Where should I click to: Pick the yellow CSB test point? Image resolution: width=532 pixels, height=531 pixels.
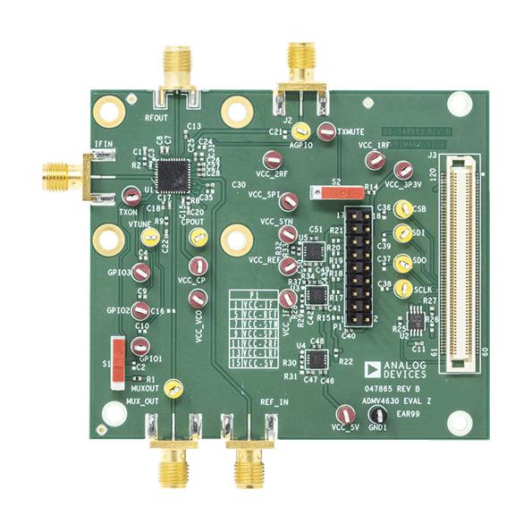point(403,209)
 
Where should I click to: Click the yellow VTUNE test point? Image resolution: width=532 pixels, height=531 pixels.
point(151,237)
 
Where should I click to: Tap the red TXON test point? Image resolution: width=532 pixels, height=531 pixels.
point(131,194)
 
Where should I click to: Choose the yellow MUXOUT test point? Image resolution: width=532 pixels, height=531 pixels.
point(175,388)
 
